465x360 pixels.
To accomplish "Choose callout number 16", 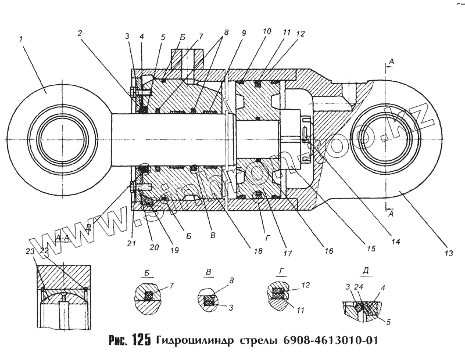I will click(329, 252).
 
